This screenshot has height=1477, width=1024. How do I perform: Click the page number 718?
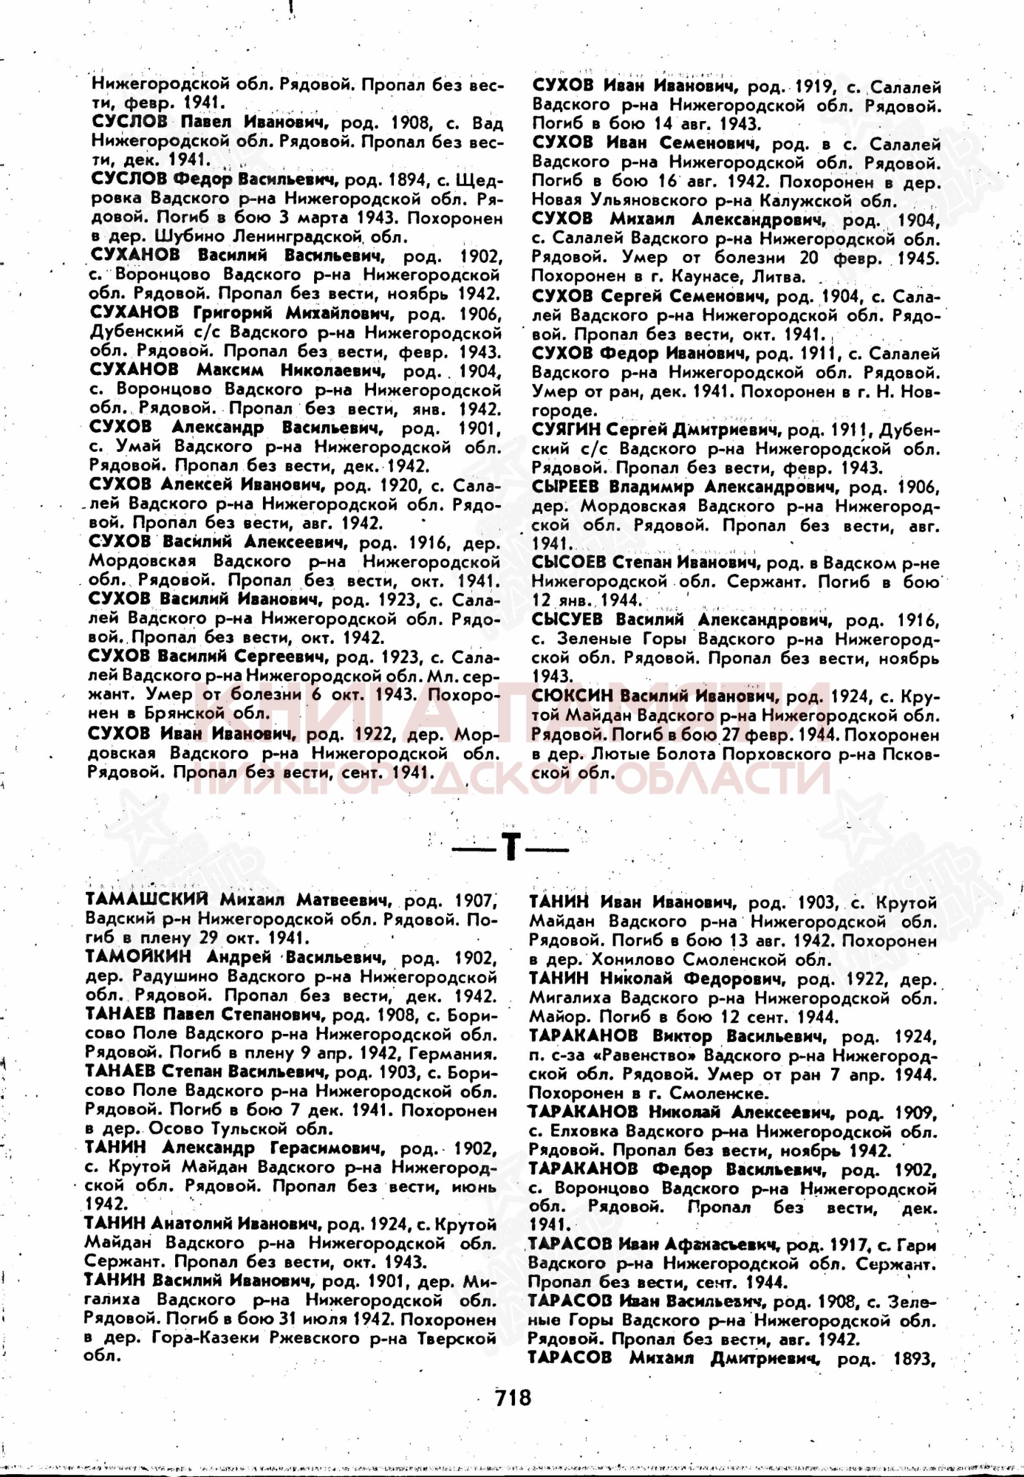tap(513, 1397)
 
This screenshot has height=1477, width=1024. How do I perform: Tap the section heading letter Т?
tap(510, 848)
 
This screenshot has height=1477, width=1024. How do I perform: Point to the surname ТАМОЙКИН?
tap(138, 957)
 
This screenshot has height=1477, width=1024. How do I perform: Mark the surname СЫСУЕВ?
tap(567, 620)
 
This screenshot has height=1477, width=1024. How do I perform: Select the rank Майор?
tap(553, 1017)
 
